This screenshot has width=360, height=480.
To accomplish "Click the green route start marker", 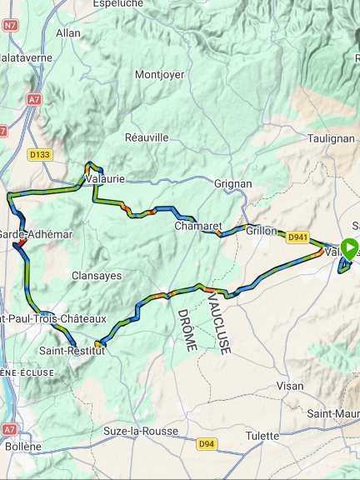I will tap(350, 247).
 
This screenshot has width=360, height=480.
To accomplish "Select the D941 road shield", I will tap(297, 237).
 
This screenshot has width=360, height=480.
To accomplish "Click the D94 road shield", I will tap(207, 444).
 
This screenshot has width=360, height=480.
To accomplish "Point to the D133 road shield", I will tap(39, 154).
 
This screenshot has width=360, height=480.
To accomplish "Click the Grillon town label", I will tap(261, 230).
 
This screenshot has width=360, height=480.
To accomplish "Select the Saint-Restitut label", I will tap(72, 351).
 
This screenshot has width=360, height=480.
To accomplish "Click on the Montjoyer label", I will tap(158, 74).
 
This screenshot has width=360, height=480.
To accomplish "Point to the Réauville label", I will tap(147, 137).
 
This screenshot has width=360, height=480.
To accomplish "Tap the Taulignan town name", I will tap(331, 138).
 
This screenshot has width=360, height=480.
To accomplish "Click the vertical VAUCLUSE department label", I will tap(218, 323).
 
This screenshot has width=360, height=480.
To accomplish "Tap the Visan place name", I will tap(290, 386).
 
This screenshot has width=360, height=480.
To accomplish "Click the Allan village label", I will tap(67, 33).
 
